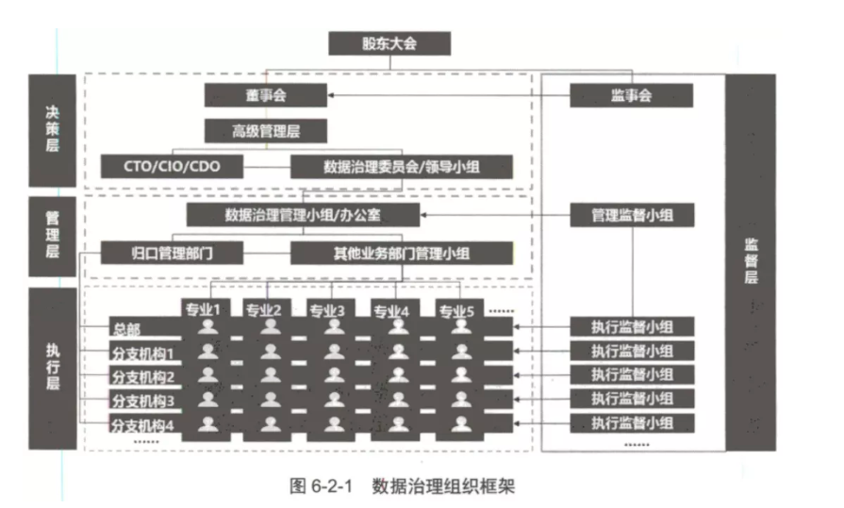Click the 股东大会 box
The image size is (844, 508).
coord(389,43)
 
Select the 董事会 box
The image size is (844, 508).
coord(265,95)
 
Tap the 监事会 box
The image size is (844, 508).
coord(632,95)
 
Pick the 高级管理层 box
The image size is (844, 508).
coord(265,131)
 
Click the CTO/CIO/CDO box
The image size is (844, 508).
coord(172,166)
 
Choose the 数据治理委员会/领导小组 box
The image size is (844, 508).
coord(402,166)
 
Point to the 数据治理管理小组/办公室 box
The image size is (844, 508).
coord(303,215)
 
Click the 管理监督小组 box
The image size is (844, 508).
coord(632,215)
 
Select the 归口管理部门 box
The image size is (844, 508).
coord(172,253)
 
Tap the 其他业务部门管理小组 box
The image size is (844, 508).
coord(402,253)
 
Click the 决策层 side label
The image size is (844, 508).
coord(52,130)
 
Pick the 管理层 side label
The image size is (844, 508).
coord(52,237)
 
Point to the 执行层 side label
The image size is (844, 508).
coord(52,369)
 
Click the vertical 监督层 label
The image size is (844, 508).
coord(751,262)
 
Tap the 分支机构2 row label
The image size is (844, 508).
coord(143,377)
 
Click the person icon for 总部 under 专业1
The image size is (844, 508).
coord(207,327)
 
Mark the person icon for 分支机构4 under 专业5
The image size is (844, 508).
coord(461,423)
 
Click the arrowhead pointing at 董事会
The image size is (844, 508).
coord(330,95)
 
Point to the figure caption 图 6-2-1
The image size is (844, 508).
coord(321,486)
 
